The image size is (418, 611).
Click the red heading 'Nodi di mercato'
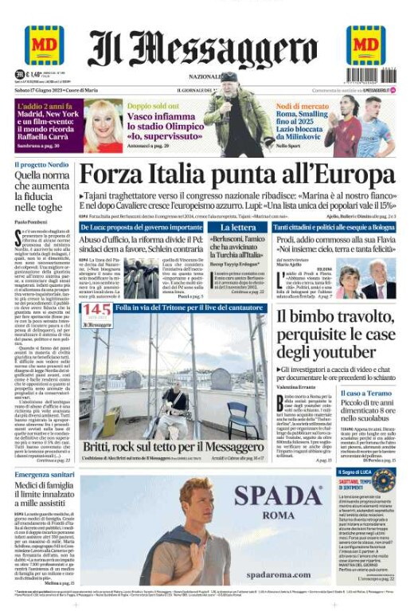299,106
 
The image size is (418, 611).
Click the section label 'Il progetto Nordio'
41,165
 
